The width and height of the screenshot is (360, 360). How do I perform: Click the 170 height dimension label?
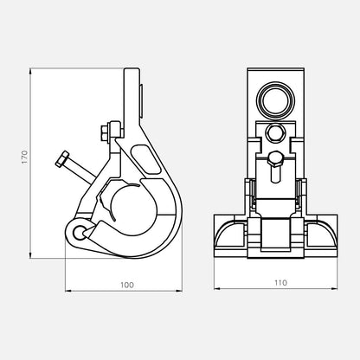coord(25,157)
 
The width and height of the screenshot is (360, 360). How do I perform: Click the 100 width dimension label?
coord(127,285)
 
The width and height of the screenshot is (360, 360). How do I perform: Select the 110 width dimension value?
coord(280,283)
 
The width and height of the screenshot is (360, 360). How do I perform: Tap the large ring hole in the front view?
coord(275,101)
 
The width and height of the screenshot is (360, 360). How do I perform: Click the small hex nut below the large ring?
coord(275,132)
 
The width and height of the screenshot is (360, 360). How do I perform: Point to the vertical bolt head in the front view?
coord(275,159)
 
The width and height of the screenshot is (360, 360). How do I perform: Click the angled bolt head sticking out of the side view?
coord(61,158)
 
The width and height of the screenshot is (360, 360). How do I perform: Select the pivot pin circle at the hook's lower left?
coord(78,233)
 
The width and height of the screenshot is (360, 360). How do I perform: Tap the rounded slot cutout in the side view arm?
coord(145,159)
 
